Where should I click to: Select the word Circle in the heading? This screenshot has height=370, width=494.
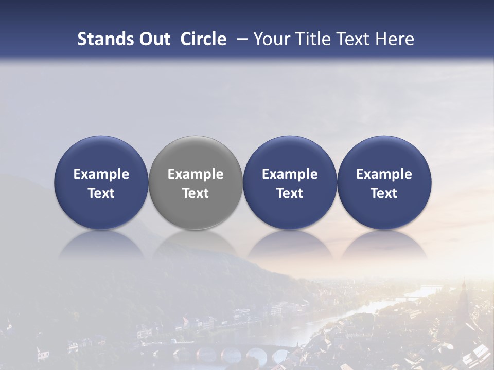[x=203, y=39]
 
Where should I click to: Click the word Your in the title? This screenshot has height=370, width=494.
[x=270, y=39]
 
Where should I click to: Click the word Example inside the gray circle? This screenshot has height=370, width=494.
[x=196, y=174]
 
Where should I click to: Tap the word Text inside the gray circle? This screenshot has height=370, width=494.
[x=196, y=193]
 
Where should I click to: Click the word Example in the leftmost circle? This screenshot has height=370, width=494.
[x=101, y=174]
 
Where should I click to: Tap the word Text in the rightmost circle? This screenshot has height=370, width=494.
[x=384, y=193]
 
